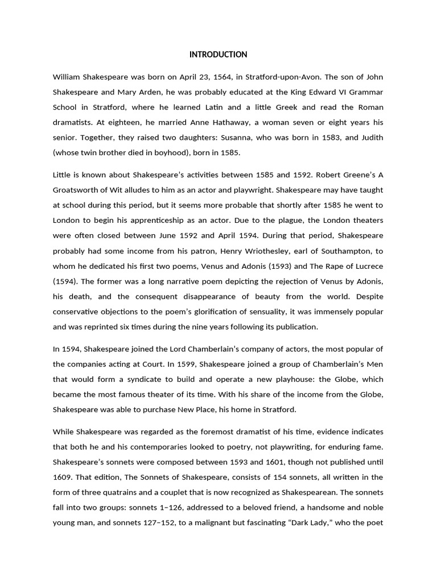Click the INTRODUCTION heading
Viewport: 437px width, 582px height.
click(x=218, y=55)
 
